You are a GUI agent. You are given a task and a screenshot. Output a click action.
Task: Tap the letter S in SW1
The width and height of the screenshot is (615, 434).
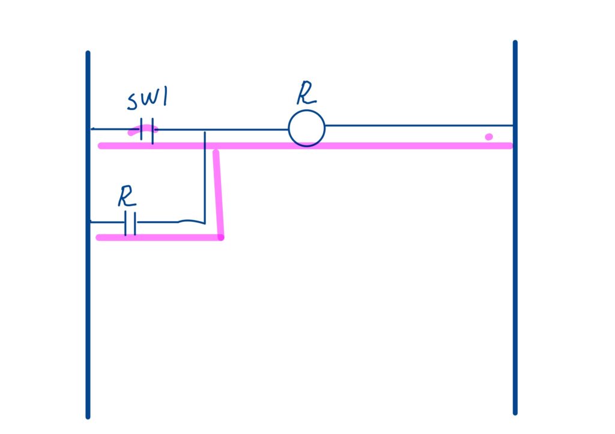coord(133,102)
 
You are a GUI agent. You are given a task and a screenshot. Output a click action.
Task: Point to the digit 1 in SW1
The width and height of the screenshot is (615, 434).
coord(165,97)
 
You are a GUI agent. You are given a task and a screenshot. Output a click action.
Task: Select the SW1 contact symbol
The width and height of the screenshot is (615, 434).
coord(147,130)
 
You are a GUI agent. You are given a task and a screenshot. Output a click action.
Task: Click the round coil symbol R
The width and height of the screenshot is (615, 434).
coord(307,128)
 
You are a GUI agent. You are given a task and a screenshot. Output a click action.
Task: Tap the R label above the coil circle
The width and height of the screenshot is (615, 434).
coord(306,93)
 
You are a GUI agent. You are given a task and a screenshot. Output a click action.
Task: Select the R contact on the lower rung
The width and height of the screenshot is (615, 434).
coord(130,223)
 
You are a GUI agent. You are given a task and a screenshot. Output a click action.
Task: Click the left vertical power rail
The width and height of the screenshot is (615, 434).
coord(88,234)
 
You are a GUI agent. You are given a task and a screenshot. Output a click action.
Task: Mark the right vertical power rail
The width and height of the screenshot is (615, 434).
coord(515,228)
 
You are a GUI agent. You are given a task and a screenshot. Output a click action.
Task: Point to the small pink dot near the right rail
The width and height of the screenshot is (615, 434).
coord(489,136)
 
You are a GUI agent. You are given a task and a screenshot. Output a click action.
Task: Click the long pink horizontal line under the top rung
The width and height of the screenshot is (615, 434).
coord(305,146)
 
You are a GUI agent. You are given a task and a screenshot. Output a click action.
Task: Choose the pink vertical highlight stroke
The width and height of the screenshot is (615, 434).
coord(218,193)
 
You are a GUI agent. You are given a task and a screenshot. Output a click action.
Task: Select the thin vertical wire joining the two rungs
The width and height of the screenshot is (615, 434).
coord(205,177)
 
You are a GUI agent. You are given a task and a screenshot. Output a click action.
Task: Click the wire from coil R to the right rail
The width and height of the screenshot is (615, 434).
coord(419,126)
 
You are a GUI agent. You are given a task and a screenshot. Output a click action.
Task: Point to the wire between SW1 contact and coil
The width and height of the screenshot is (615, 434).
coord(221,129)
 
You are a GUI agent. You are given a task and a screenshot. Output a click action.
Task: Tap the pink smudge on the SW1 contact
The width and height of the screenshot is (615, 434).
coord(143,130)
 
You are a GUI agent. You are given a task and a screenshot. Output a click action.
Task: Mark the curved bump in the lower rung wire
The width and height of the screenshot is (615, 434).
coord(192,221)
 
